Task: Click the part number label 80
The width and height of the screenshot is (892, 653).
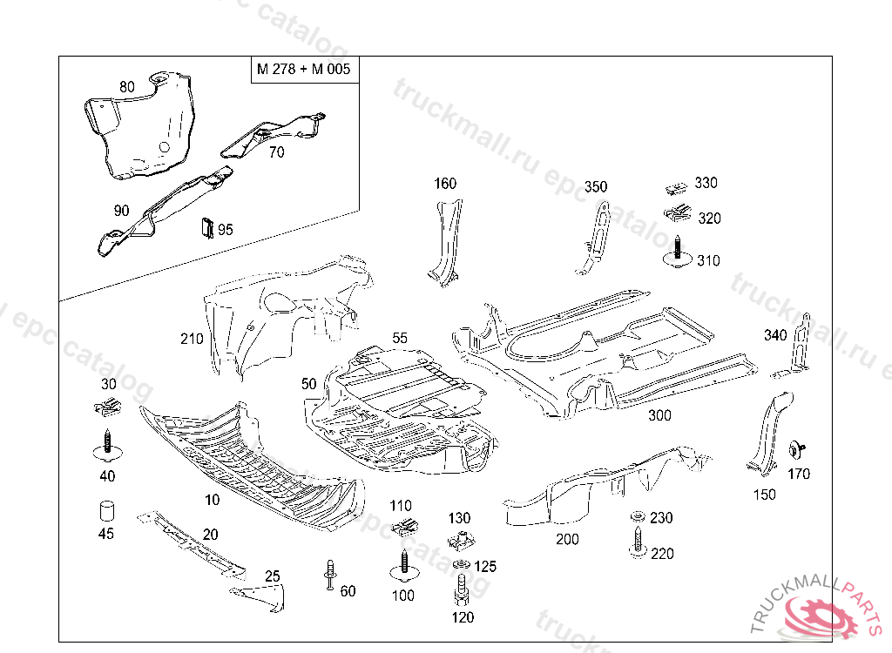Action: click(127, 87)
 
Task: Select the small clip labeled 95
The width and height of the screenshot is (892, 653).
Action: click(207, 226)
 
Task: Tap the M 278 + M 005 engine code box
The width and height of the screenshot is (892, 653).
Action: click(303, 69)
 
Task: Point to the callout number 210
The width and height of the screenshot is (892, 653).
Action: click(192, 339)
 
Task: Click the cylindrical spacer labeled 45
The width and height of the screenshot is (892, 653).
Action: click(105, 509)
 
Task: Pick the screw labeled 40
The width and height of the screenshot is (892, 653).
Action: click(106, 444)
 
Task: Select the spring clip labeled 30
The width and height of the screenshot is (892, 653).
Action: click(107, 406)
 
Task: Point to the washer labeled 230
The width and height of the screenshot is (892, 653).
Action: click(638, 517)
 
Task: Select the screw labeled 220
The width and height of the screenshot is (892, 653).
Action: click(638, 542)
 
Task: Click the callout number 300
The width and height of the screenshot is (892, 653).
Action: click(659, 415)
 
